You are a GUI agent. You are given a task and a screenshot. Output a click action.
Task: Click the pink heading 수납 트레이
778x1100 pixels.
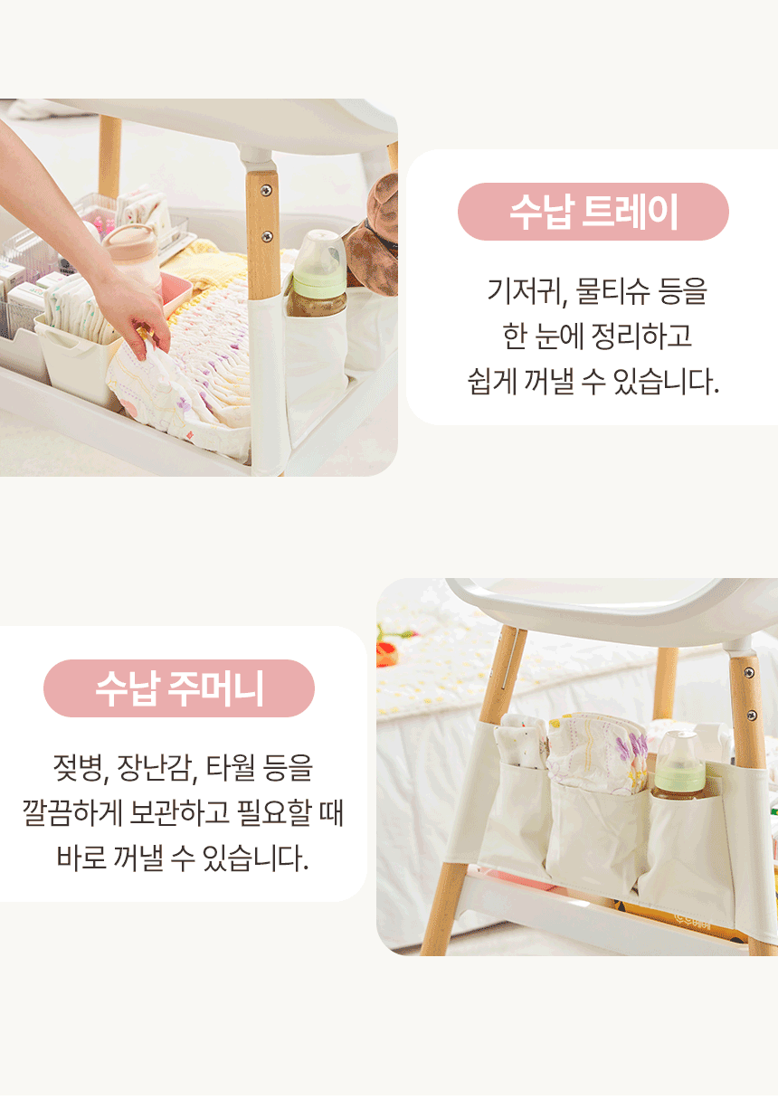click(593, 212)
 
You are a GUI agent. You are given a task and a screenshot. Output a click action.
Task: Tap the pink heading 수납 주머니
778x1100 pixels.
click(179, 688)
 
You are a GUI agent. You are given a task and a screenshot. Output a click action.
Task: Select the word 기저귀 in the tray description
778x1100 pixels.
click(523, 291)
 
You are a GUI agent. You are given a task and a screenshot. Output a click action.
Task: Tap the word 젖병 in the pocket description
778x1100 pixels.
click(77, 768)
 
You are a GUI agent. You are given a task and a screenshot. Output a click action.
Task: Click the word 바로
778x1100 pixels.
click(81, 858)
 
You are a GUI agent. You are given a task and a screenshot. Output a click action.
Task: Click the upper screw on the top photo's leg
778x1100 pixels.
click(266, 190)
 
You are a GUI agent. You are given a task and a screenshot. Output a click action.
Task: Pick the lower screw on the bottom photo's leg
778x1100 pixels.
click(751, 715)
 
